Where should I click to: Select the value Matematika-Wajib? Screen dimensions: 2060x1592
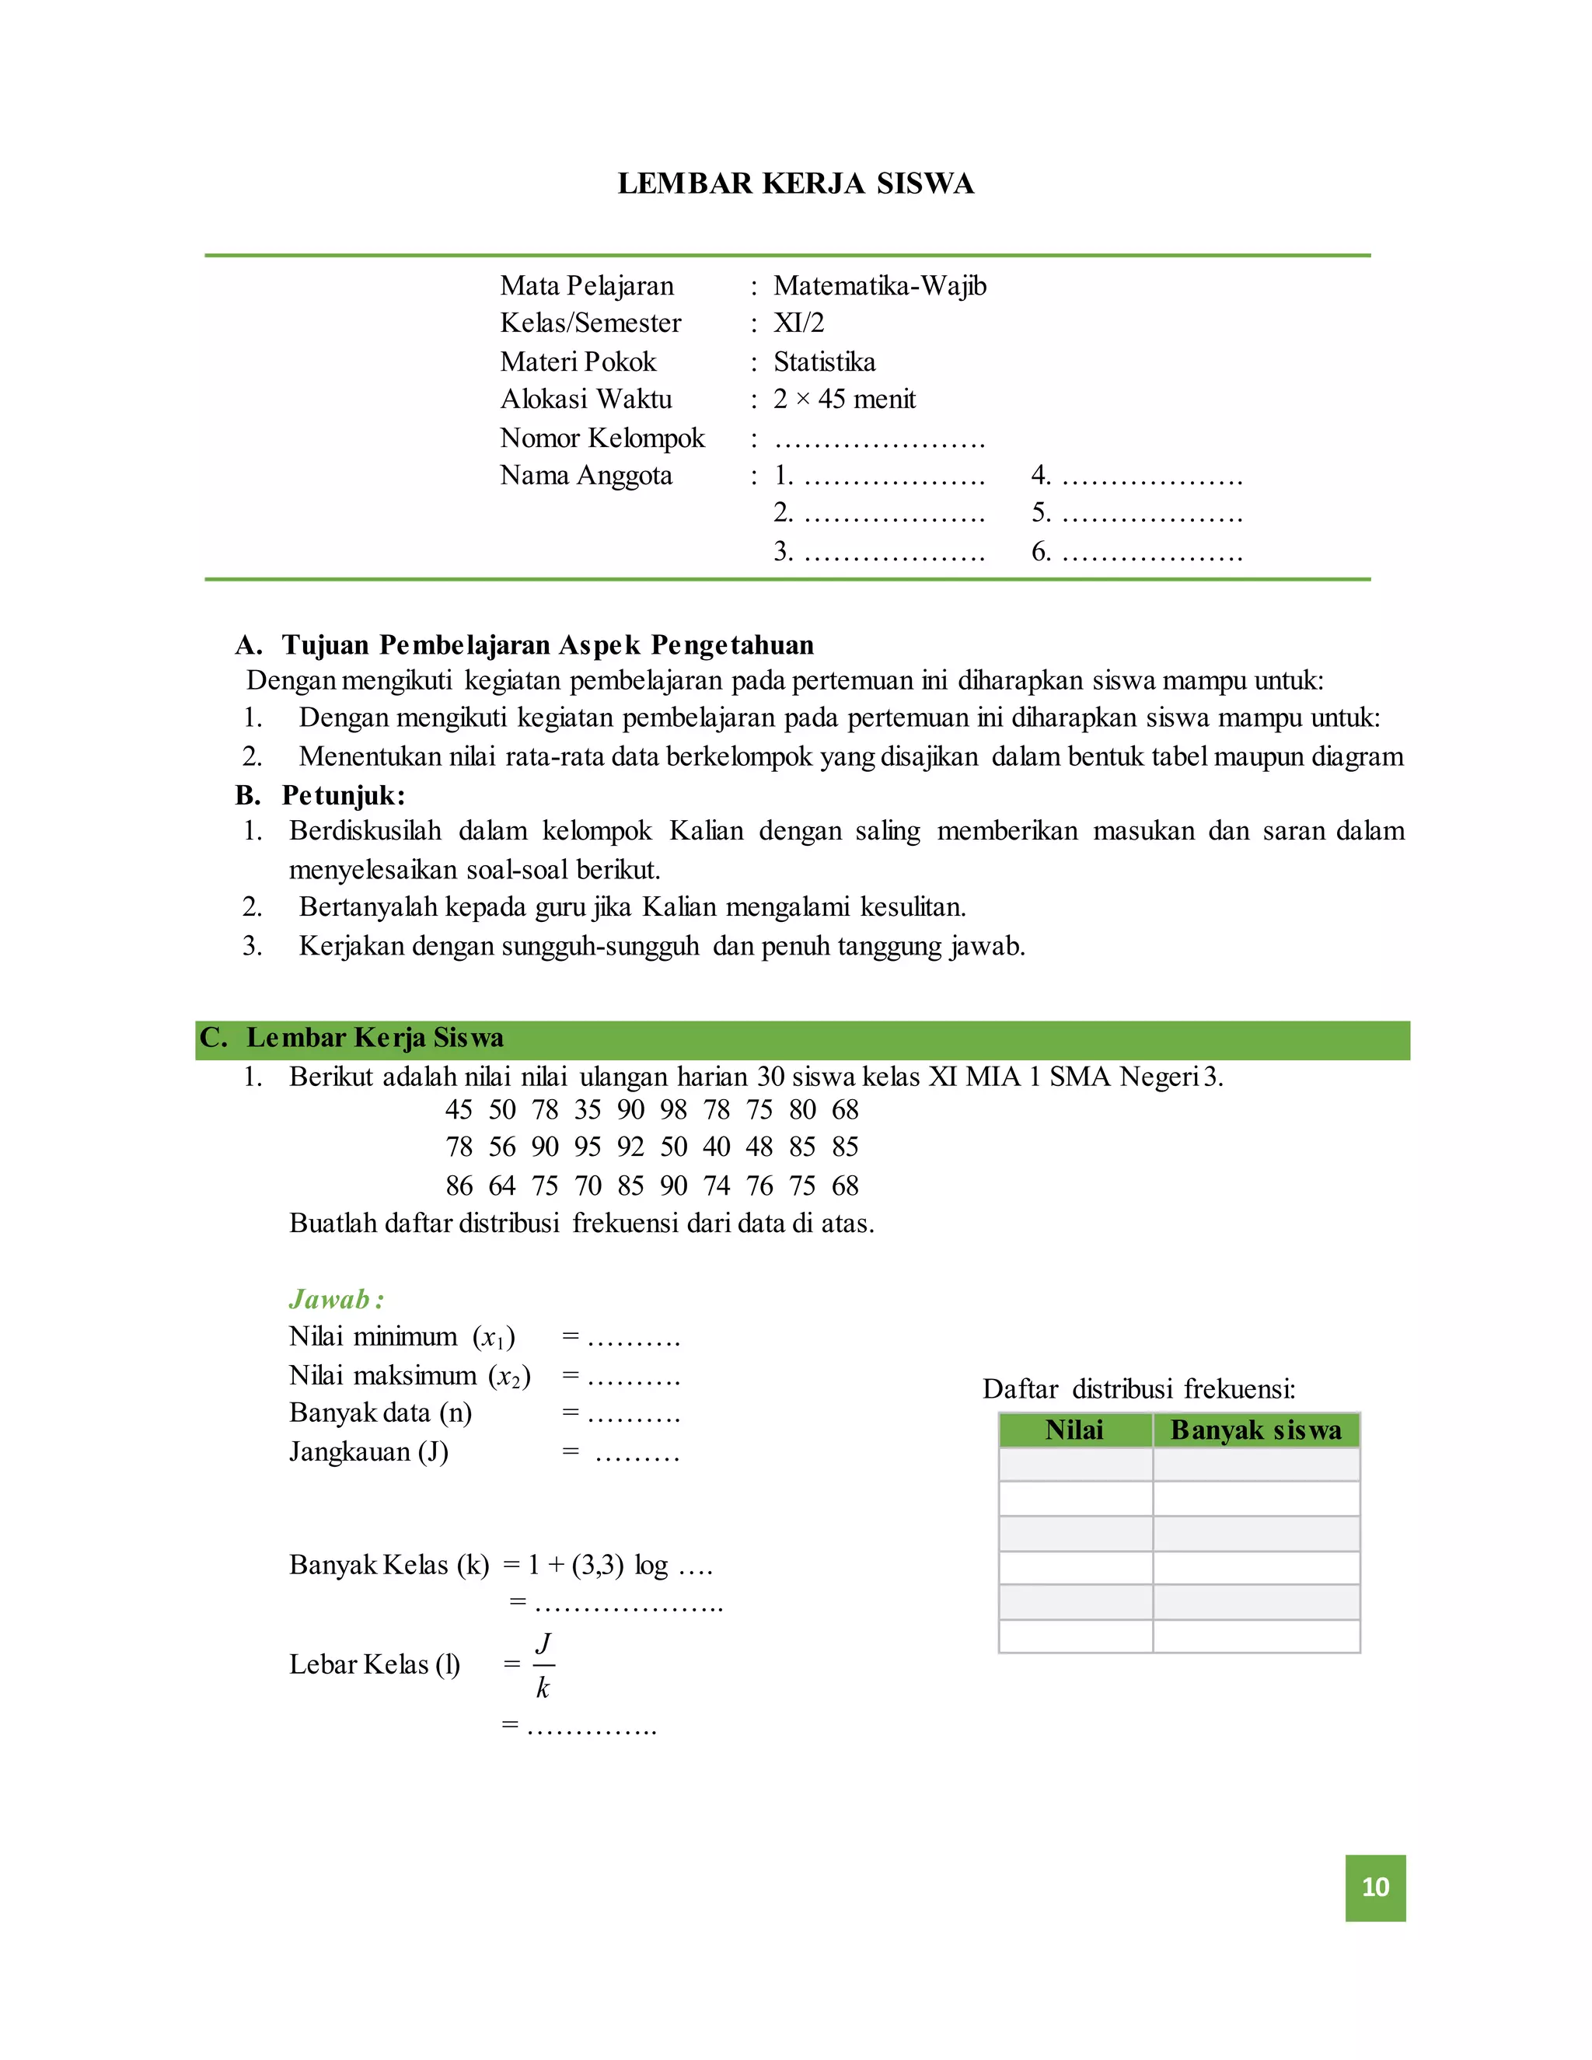tap(879, 286)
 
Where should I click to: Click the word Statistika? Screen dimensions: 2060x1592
tap(823, 361)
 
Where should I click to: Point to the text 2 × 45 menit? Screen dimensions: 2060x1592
tap(844, 399)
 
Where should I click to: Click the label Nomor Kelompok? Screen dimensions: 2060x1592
tap(602, 438)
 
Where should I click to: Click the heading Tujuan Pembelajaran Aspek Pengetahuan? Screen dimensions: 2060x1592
tap(547, 645)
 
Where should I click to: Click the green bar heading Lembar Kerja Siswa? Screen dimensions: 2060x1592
tap(375, 1038)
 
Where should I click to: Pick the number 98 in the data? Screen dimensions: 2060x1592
tap(673, 1110)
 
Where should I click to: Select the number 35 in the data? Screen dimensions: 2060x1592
tap(588, 1110)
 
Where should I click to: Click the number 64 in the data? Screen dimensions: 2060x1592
tap(501, 1185)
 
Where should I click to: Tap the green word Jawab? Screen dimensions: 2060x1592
tap(329, 1300)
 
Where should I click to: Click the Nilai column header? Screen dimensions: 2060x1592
tap(1074, 1430)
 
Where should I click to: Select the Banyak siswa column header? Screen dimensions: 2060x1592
tap(1255, 1430)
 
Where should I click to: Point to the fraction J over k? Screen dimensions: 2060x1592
tap(543, 1665)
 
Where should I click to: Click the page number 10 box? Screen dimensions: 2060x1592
tap(1374, 1887)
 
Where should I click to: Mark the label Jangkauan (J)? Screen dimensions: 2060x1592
tap(368, 1451)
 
